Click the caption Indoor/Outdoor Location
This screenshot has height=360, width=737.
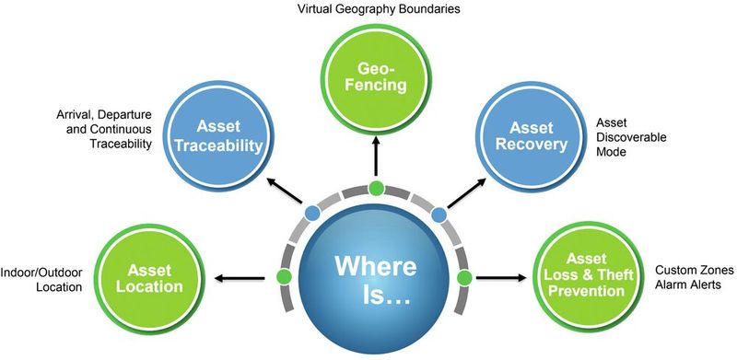tap(42, 278)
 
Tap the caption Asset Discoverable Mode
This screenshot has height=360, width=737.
tap(629, 137)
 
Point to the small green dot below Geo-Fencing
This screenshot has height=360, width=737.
tap(375, 190)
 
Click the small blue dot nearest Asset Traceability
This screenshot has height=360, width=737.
tap(312, 214)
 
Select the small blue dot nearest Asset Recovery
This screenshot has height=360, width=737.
tap(439, 214)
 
